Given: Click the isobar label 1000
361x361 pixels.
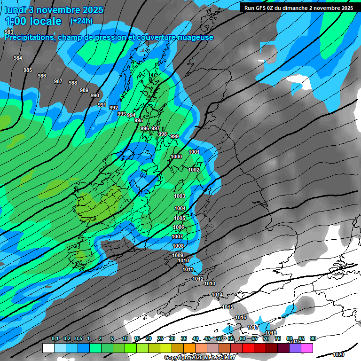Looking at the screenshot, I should coord(176,157).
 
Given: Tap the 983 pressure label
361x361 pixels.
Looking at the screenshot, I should coord(9,32).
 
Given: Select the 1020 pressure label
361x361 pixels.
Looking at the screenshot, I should coord(338,354).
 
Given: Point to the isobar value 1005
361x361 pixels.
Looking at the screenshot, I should coord(180,218).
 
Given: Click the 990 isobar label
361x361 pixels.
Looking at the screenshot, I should coord(95,95).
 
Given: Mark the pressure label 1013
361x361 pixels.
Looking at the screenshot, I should coord(210,283).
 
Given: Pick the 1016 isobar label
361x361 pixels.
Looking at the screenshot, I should coord(241,317).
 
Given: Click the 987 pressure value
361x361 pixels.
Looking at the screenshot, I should coord(58,81).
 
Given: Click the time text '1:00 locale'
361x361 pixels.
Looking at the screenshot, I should coord(33,21).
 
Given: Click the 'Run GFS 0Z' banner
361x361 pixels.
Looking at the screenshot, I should coord(298,8).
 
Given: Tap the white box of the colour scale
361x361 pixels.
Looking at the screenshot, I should coord(48,348).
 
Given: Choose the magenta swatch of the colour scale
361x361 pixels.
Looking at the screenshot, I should coord(307,348).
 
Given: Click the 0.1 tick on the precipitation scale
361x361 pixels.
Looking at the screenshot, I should coord(55,339).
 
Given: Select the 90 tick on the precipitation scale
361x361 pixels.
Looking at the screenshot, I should coord(313,339).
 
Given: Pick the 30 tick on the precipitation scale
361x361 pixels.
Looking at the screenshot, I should coord(172,339).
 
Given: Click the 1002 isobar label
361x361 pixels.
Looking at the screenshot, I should coord(194,170).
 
